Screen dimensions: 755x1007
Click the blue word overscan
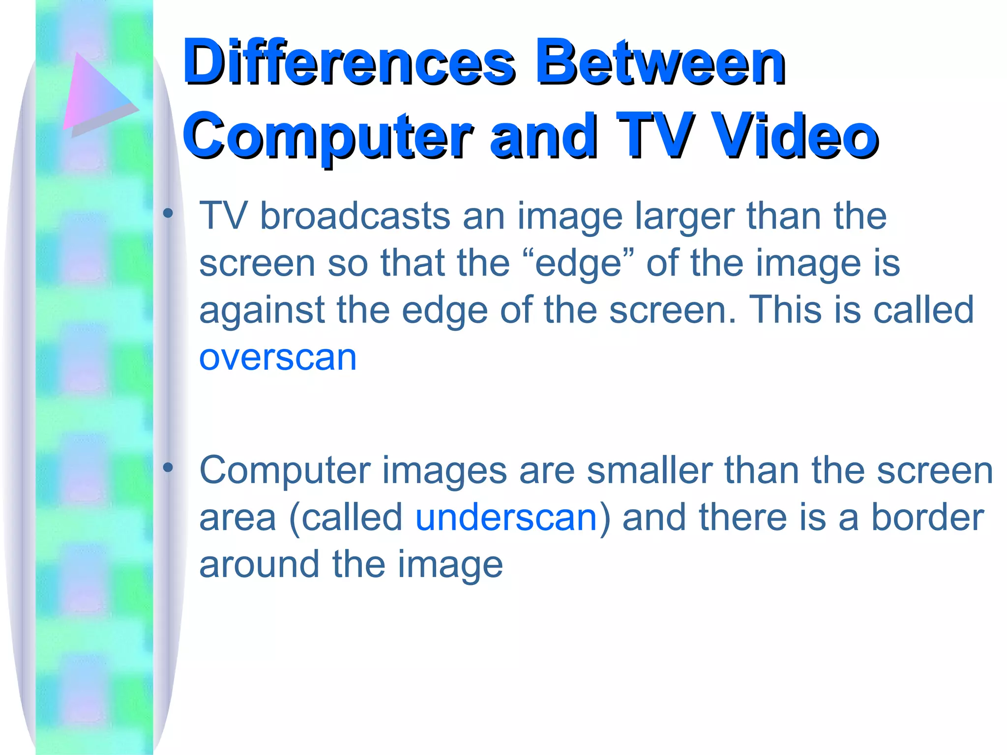coord(278,357)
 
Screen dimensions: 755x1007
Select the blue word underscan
coord(506,518)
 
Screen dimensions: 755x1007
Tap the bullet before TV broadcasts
coord(168,213)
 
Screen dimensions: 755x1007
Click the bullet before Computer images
coord(168,467)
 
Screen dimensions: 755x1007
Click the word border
coord(927,518)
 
